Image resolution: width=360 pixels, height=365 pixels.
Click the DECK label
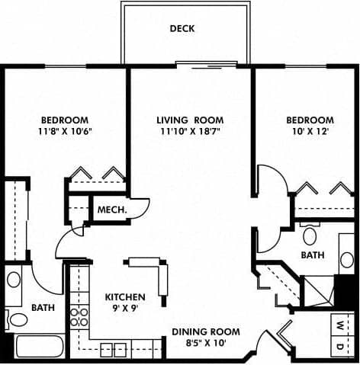[183, 29]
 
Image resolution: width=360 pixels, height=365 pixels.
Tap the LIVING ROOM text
[190, 120]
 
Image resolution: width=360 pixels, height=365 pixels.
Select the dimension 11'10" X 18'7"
[190, 132]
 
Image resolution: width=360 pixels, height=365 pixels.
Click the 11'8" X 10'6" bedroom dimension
[65, 132]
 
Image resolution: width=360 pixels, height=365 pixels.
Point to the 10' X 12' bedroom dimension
[310, 132]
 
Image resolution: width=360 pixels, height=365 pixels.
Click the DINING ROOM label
[205, 332]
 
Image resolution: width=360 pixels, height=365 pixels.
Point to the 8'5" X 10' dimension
[205, 344]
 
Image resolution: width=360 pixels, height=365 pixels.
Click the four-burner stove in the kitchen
[77, 317]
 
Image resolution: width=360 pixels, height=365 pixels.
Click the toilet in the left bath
[16, 318]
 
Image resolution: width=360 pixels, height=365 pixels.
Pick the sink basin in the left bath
[14, 280]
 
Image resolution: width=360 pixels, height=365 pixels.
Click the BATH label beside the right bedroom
[313, 255]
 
